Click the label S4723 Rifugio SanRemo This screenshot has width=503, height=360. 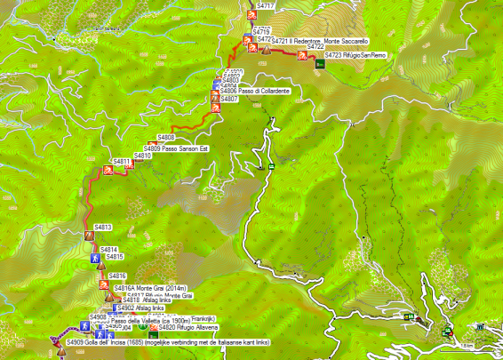pyautogui.click(x=355, y=55)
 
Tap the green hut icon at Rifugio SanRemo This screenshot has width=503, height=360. pyautogui.click(x=318, y=63)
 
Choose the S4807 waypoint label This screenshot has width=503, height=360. pyautogui.click(x=232, y=99)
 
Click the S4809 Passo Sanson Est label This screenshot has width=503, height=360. pyautogui.click(x=182, y=148)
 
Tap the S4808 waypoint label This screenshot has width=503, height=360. pyautogui.click(x=166, y=137)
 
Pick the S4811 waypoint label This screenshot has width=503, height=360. pyautogui.click(x=122, y=162)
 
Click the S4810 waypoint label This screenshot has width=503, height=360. pyautogui.click(x=143, y=156)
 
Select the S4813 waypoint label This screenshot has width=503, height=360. pyautogui.click(x=102, y=227)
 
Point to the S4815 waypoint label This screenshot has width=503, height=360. pyautogui.click(x=115, y=257)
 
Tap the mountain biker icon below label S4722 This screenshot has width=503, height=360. pyautogui.click(x=302, y=57)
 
